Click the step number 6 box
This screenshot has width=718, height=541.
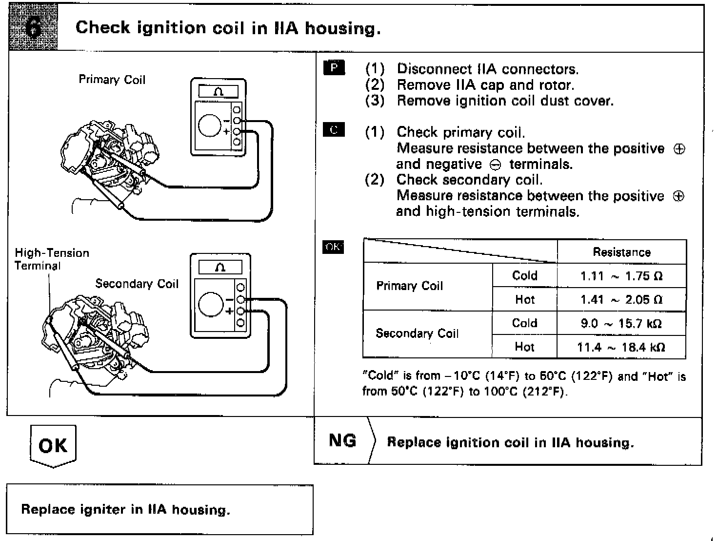[33, 27]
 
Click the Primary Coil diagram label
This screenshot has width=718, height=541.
[112, 80]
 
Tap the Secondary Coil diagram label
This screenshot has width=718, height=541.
[137, 284]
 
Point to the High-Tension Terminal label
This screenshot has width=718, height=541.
[52, 259]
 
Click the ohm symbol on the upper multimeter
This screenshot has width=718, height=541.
[219, 91]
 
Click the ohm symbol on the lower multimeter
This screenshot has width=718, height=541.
[220, 267]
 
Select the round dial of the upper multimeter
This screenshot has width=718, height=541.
[210, 125]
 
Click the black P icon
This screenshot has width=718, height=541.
[334, 67]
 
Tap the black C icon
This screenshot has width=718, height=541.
[334, 130]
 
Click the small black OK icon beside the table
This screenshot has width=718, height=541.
[333, 247]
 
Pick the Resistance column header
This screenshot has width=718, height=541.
[621, 252]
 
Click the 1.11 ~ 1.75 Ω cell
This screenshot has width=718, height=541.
[621, 276]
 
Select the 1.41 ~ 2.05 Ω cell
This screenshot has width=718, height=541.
[621, 299]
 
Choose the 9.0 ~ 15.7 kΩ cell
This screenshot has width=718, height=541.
[621, 323]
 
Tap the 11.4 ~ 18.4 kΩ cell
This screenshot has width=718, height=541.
[621, 347]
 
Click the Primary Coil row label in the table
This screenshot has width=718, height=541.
[410, 286]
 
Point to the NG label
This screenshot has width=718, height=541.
[342, 440]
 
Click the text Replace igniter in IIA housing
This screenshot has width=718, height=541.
[125, 510]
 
